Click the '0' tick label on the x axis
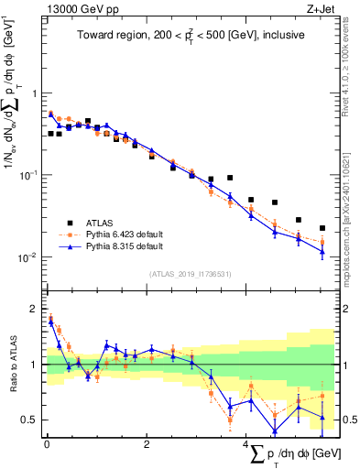[x=46, y=444]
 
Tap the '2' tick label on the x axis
[x=147, y=444]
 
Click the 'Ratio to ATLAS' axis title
[x=11, y=365]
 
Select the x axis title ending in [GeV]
[x=289, y=455]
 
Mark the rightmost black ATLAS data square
[x=322, y=228]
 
